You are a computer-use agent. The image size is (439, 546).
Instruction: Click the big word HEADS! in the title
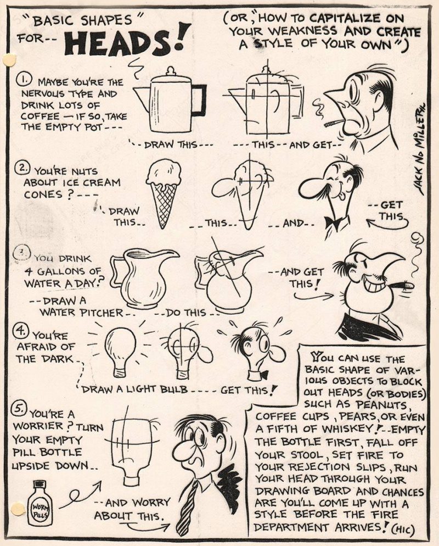(x=128, y=40)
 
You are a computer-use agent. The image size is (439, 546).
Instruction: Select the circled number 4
(x=19, y=331)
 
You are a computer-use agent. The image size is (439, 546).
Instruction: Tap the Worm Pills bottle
(x=40, y=502)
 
